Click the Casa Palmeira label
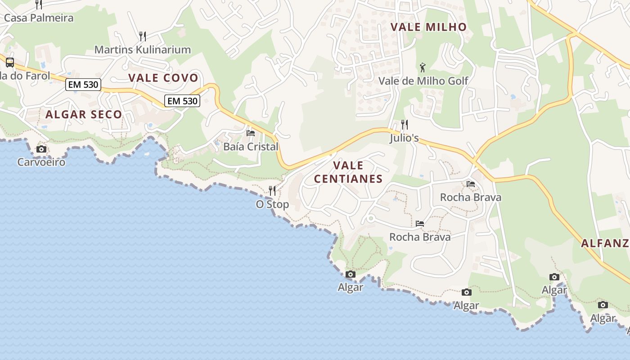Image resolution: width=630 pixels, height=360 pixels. click(x=38, y=18)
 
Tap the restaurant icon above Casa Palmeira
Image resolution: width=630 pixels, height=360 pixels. click(x=39, y=4)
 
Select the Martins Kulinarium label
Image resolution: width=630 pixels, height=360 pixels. click(x=142, y=49)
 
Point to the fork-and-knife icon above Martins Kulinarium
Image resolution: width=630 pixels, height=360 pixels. click(x=142, y=36)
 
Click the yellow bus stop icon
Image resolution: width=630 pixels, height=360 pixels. click(x=9, y=62)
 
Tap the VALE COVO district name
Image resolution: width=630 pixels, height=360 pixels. click(x=163, y=78)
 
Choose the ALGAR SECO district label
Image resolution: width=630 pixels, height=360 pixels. click(x=84, y=114)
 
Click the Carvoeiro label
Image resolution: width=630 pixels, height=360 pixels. click(x=41, y=162)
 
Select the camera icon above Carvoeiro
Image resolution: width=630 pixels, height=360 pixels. click(x=41, y=149)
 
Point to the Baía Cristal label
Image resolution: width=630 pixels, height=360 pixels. click(x=251, y=147)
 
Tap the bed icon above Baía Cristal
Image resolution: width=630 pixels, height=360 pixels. click(x=251, y=133)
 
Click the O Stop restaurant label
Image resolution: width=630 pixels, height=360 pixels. click(x=272, y=204)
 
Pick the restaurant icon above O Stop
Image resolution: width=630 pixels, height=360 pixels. click(x=272, y=191)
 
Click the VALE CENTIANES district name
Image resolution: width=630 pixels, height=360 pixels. click(x=348, y=172)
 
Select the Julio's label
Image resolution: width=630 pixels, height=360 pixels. click(x=404, y=138)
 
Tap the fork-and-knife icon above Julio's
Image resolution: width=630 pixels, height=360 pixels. click(x=404, y=125)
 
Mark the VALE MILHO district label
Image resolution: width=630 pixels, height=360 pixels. click(x=428, y=27)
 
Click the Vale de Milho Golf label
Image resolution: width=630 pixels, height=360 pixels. click(x=423, y=81)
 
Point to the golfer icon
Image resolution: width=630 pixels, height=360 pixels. click(x=422, y=68)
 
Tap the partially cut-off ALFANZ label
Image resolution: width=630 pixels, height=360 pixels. click(x=605, y=243)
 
